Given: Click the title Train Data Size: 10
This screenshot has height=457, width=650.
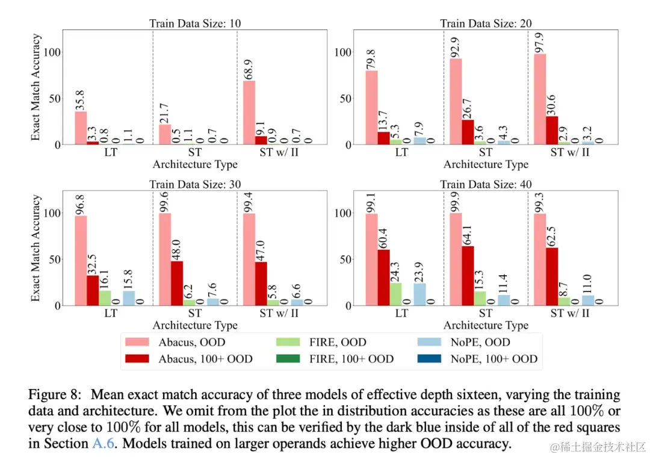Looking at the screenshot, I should [195, 24].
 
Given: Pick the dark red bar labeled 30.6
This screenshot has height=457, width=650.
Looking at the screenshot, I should [552, 130].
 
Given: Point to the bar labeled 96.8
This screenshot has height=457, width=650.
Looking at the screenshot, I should [81, 261].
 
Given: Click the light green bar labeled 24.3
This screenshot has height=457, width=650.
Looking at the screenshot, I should [395, 294].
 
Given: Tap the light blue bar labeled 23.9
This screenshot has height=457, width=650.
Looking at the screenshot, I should [419, 294].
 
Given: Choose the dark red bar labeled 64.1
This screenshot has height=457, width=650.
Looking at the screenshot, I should [468, 276].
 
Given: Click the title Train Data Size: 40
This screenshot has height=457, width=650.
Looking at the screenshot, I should [486, 184].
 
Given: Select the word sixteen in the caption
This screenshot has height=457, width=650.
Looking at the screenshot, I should [441, 395].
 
